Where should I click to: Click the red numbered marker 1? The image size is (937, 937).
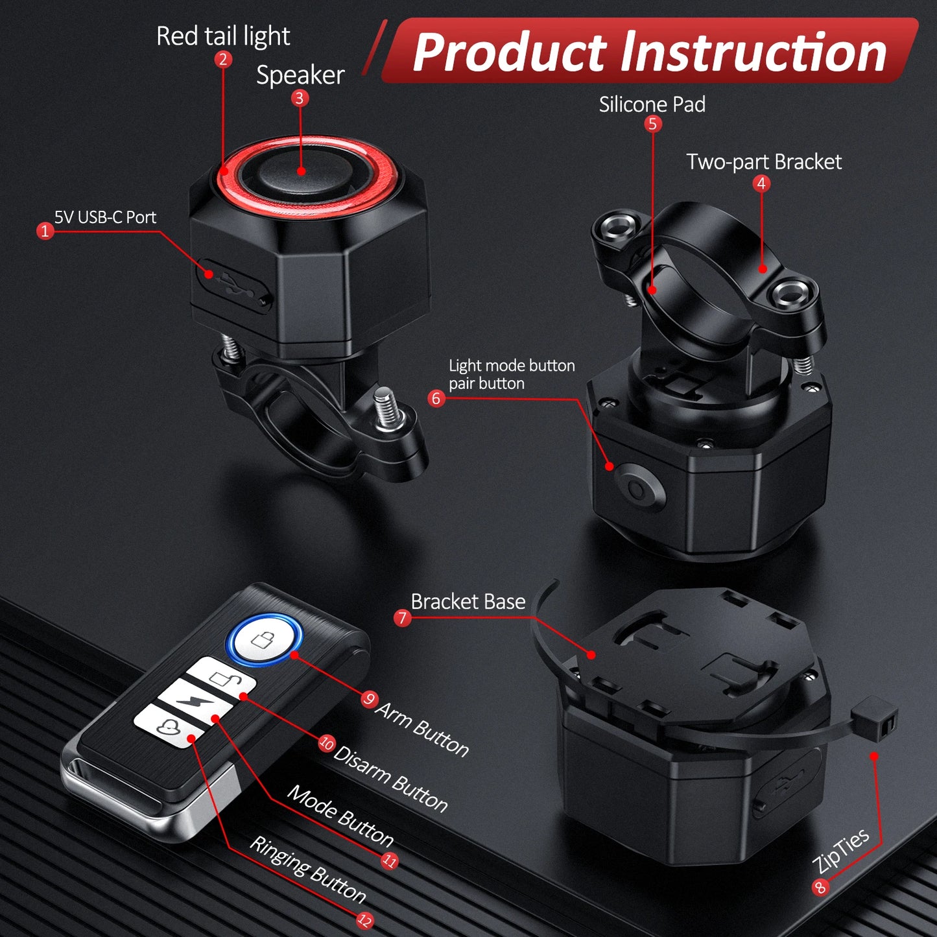45,231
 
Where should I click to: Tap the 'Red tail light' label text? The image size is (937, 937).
223,36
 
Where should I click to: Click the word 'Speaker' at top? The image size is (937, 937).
300,75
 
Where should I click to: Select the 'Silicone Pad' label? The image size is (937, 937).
652,104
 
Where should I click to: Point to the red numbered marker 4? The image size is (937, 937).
761,184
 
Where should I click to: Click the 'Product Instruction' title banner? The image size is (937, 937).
649,52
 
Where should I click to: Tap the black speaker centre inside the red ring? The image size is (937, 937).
300,171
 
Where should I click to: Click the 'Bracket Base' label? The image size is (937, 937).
468,602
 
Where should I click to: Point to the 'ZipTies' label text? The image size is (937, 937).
840,850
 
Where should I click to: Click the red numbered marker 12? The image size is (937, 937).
365,919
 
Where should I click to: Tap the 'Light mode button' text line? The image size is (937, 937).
512,366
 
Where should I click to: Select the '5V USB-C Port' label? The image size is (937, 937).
105,217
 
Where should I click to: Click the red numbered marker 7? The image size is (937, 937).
402,617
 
